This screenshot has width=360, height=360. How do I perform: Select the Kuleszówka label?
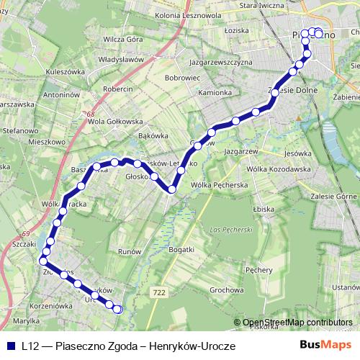click(x=65, y=72)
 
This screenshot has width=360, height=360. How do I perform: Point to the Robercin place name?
click(x=118, y=89)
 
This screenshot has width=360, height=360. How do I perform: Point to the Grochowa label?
click(x=223, y=289)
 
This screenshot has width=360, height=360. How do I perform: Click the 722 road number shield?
click(x=160, y=292)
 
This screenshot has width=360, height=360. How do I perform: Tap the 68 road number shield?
click(x=89, y=114)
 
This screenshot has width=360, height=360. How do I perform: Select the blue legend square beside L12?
click(x=10, y=346)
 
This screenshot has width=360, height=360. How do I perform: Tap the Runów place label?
click(x=129, y=252)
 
